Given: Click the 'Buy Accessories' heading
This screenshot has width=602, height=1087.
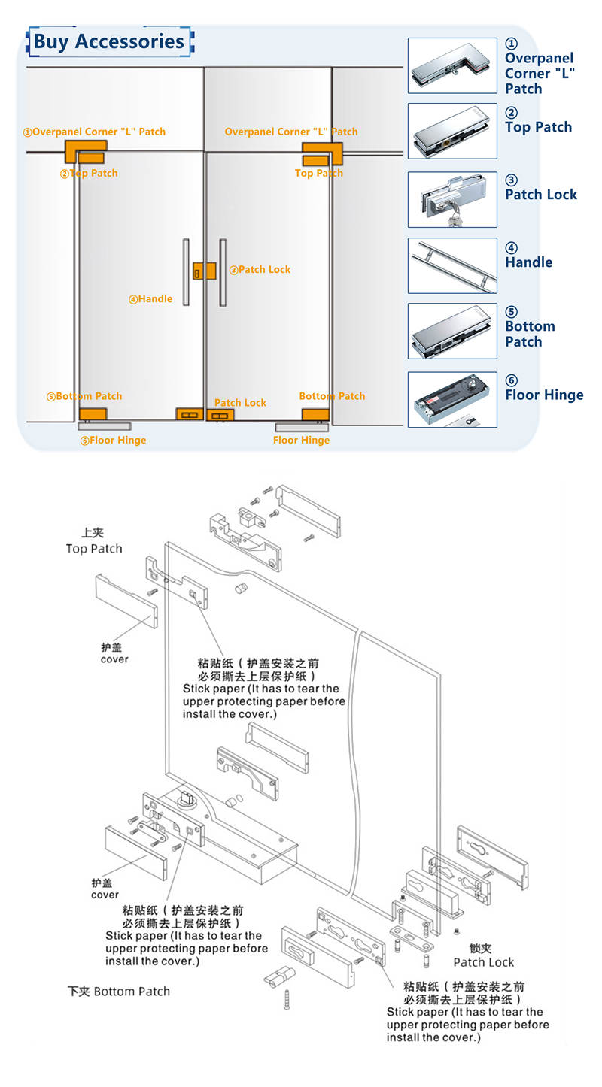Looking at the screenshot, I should coord(109,41).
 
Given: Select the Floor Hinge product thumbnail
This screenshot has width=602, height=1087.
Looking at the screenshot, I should coord(452,399).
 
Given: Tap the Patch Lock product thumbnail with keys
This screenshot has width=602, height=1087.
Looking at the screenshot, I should coord(452,199).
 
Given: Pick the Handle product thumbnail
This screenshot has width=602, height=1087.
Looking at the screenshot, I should coord(452,265).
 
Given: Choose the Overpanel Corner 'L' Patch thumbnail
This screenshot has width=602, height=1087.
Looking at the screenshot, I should coord(452,65).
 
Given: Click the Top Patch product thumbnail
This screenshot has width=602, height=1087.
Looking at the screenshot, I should coord(452,131).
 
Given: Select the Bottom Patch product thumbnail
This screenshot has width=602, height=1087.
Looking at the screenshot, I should coord(452,331).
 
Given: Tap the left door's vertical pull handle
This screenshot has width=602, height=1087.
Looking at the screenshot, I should coord(186,272).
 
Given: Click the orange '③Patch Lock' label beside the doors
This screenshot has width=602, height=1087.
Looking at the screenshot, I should coord(260,269).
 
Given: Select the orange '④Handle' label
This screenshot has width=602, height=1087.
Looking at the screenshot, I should coord(150,298).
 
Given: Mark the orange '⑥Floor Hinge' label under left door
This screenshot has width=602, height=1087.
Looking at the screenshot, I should coord(114,440).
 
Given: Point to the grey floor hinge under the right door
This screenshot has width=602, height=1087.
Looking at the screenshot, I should coord(302,427).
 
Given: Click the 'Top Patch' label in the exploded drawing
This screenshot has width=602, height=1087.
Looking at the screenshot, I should coord(93,549).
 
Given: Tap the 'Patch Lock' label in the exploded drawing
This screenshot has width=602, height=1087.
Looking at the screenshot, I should coord(484,962).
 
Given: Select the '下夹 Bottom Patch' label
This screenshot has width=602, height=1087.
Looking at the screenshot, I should coord(119,991).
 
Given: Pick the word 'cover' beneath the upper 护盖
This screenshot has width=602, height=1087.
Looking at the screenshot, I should coord(114,659).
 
